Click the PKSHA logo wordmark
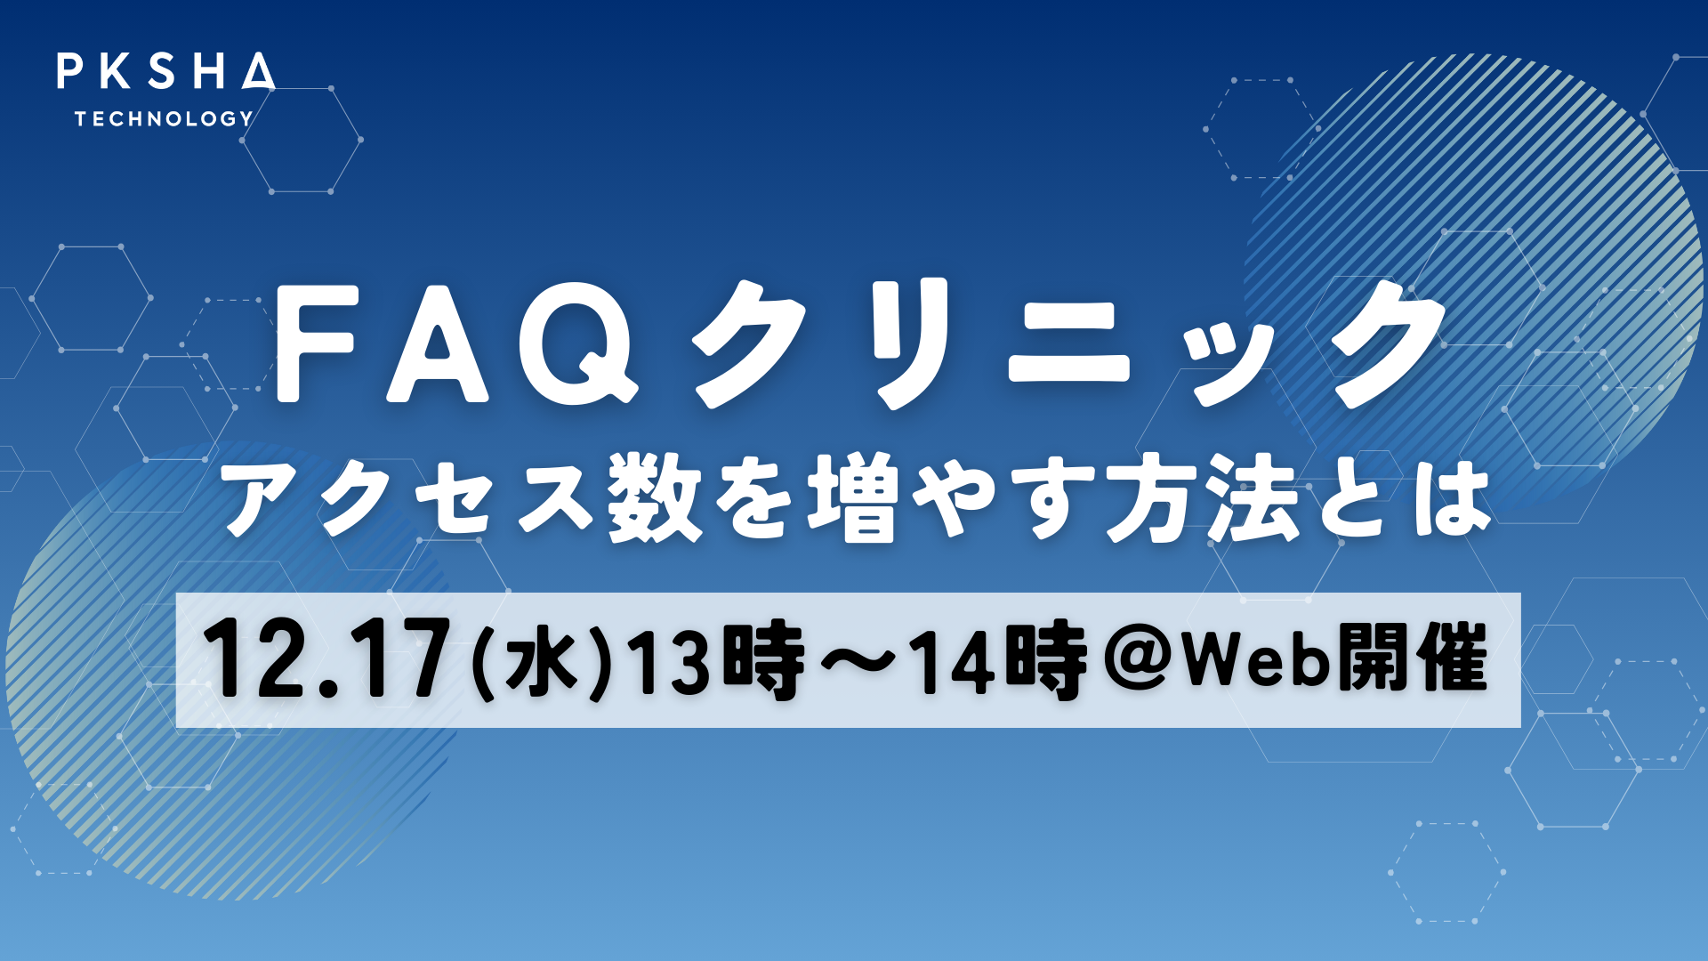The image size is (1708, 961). pos(166,71)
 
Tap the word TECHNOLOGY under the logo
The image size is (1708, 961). pos(164,118)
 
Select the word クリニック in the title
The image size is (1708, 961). pos(1068,343)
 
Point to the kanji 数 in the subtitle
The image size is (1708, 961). pos(656,498)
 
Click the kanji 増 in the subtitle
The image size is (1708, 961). pos(854,498)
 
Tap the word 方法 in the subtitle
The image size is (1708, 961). pos(1204,498)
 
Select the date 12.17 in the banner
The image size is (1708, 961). pos(327,659)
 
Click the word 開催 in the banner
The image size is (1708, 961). pos(1413,660)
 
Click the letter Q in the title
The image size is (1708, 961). pos(578,343)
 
